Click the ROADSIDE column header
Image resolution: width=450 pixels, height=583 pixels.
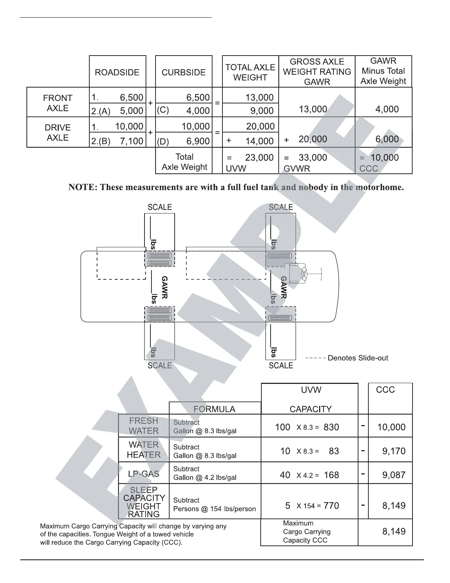coord(117,72)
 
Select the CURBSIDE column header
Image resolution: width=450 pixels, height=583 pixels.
coord(183,72)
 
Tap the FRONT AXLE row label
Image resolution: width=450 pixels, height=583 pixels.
coord(58,103)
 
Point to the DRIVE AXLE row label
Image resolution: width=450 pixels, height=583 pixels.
coord(58,132)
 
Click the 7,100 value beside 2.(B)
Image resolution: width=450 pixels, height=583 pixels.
coord(132,141)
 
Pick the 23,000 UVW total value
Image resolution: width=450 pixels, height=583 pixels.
coord(259,158)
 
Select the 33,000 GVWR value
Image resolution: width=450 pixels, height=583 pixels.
coord(312,158)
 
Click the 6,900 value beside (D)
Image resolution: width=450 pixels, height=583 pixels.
coord(198,141)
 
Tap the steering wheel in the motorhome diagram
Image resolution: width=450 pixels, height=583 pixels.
coord(304,273)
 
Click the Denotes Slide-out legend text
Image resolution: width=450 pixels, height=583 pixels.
coord(357,358)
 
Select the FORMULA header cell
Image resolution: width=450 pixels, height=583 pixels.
coord(214,409)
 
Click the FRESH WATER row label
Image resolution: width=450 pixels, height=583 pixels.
coord(144,426)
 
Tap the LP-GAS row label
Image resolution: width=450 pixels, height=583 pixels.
coord(144,474)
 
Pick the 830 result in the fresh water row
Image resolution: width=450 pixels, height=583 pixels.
coord(331,427)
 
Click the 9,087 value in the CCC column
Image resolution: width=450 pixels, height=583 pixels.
coord(394,475)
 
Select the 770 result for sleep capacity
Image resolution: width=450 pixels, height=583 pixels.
coord(331,506)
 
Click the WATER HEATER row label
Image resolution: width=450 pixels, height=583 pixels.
coord(144,450)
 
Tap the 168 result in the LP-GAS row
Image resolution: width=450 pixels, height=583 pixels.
coord(331,475)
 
